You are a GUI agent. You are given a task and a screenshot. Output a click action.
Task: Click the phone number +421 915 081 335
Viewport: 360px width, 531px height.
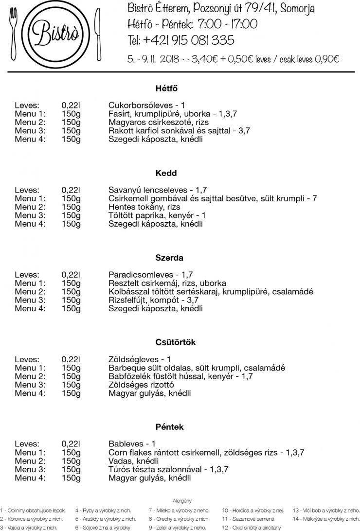(180, 40)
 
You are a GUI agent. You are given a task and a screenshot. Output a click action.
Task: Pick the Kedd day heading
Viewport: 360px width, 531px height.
(166, 173)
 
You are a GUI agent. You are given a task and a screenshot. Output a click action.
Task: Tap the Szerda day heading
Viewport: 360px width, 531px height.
(166, 258)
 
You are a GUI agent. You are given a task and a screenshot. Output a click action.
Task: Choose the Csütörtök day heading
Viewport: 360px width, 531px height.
(166, 342)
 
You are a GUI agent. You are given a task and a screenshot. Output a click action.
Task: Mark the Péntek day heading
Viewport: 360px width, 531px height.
(166, 427)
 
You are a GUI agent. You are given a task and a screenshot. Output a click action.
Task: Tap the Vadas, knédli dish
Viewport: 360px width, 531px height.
(134, 461)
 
